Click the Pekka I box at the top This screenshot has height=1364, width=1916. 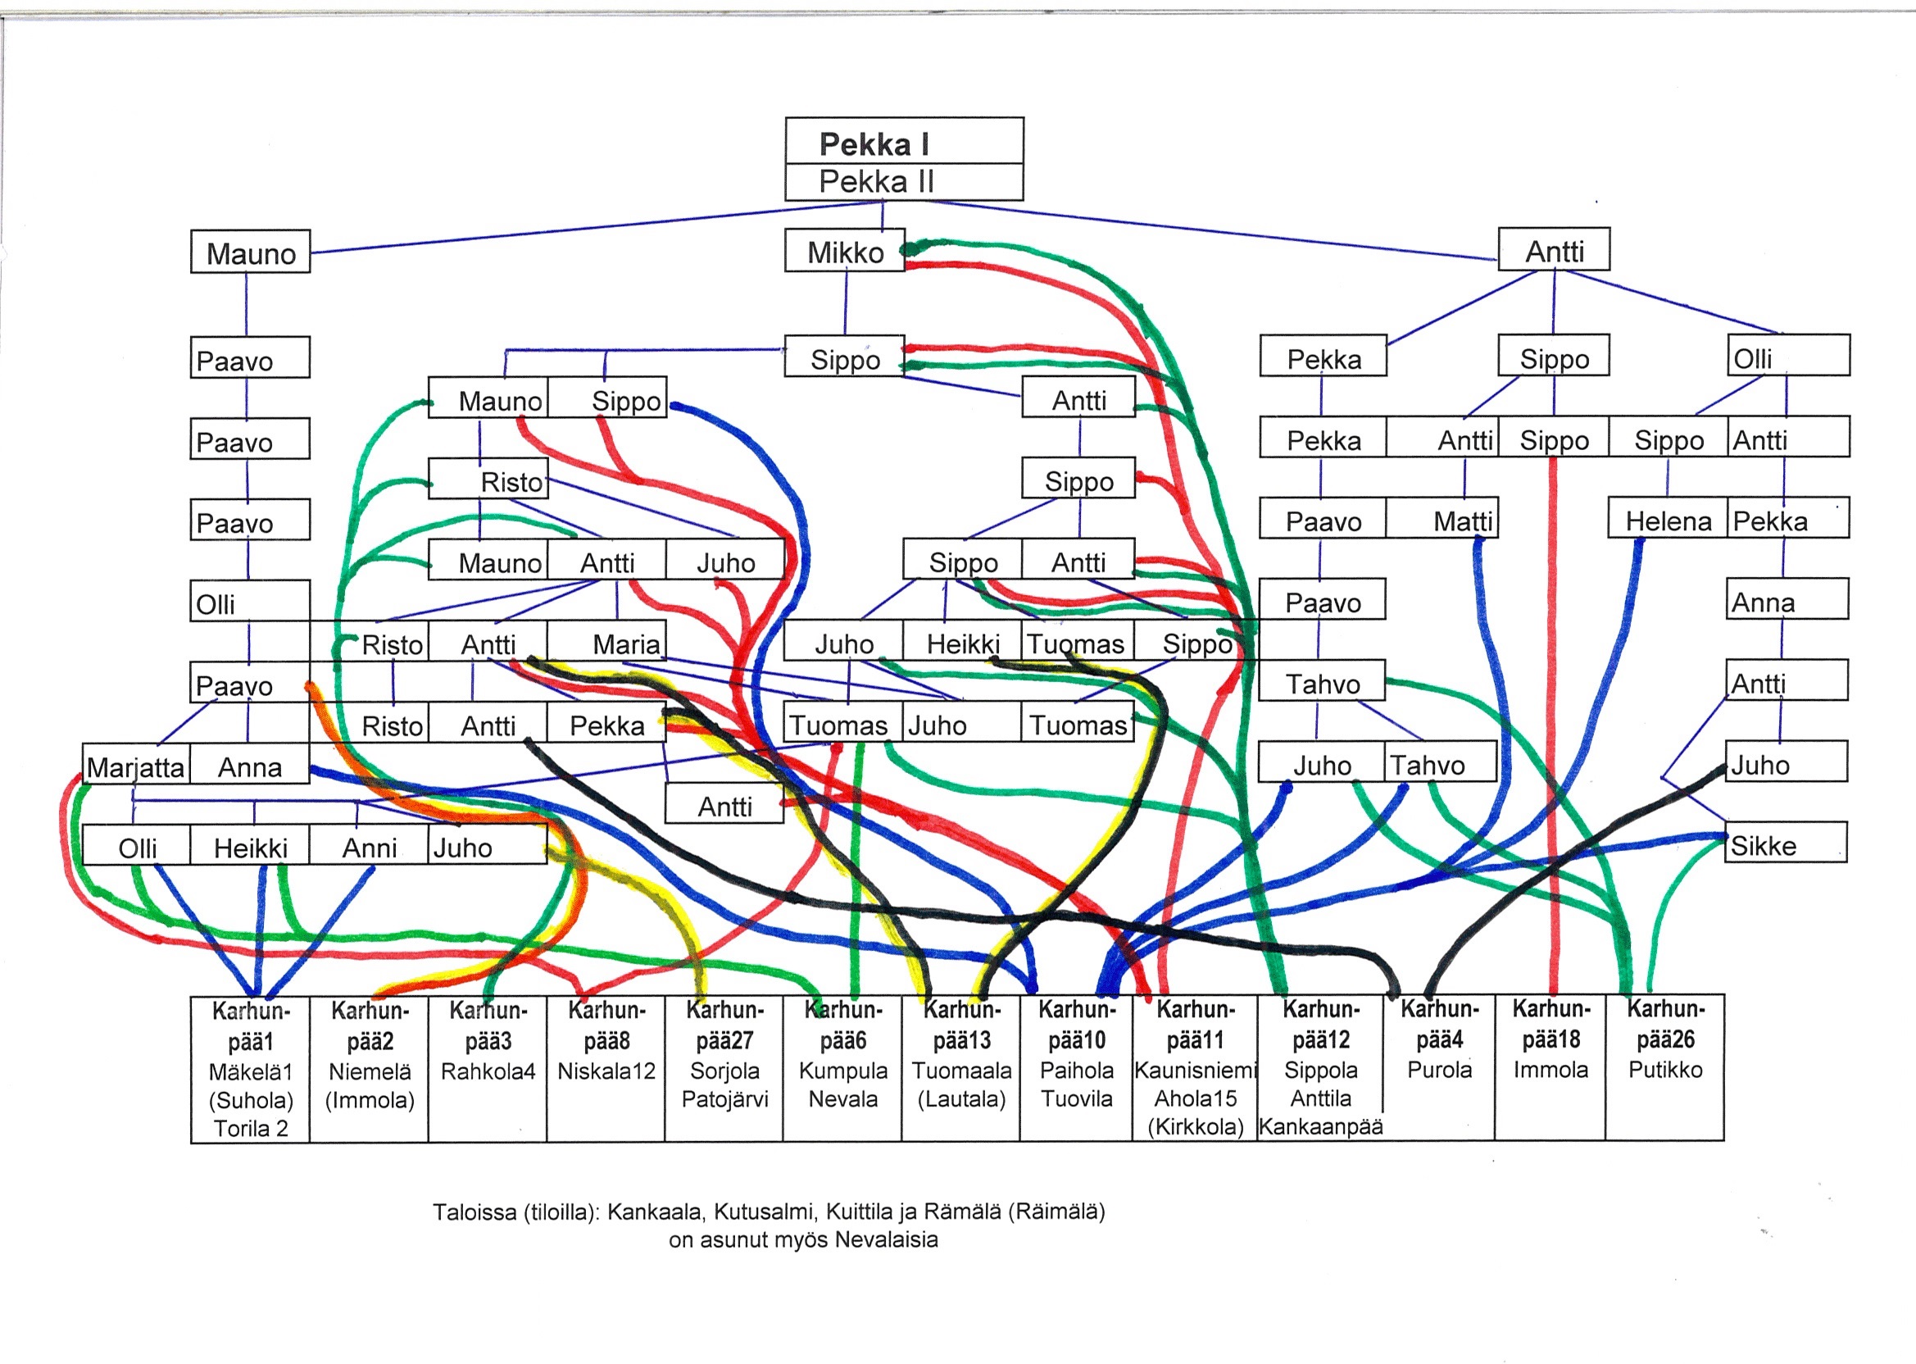pyautogui.click(x=903, y=142)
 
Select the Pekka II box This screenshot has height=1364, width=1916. pyautogui.click(x=903, y=181)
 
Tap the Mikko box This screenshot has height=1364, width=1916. pyautogui.click(x=845, y=251)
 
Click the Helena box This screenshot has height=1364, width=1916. pyautogui.click(x=1667, y=521)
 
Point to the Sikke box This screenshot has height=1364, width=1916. pyautogui.click(x=1786, y=845)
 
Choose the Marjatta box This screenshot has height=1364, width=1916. pyautogui.click(x=136, y=766)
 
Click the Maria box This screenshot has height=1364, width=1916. pyautogui.click(x=607, y=643)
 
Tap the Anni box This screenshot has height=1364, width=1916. pyautogui.click(x=369, y=847)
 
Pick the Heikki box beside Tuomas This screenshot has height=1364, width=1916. pyautogui.click(x=962, y=643)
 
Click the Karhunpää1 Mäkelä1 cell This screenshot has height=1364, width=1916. pyautogui.click(x=250, y=1068)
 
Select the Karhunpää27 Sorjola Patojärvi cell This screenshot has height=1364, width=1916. pyautogui.click(x=724, y=1068)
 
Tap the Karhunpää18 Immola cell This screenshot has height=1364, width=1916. pyautogui.click(x=1550, y=1066)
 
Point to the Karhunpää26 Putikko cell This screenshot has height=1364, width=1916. pyautogui.click(x=1664, y=1066)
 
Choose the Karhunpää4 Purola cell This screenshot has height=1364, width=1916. pyautogui.click(x=1438, y=1066)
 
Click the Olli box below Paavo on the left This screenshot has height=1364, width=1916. pyautogui.click(x=249, y=603)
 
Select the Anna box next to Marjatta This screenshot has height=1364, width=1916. pyautogui.click(x=249, y=766)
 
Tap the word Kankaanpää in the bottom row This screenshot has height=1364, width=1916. pyautogui.click(x=1320, y=1127)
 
